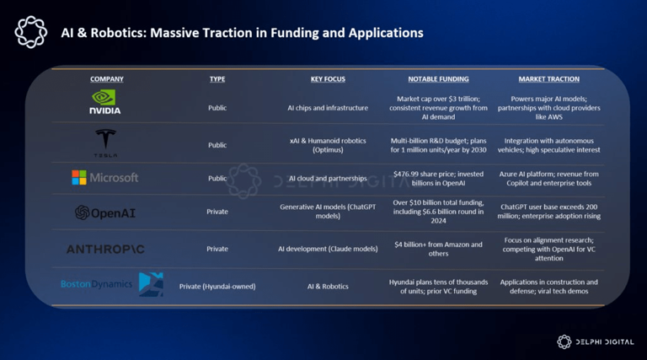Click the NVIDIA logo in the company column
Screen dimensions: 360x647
click(x=106, y=102)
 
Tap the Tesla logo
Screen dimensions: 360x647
click(x=106, y=143)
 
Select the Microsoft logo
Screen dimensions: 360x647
click(x=105, y=178)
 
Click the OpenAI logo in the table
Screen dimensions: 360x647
click(x=105, y=212)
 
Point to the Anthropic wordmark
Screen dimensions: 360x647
click(x=105, y=249)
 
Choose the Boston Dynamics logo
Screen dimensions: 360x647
click(x=112, y=285)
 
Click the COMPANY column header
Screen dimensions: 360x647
click(x=107, y=79)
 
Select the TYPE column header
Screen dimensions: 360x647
click(x=217, y=79)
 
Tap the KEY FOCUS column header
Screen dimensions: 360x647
click(x=328, y=79)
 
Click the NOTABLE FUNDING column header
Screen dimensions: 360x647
click(x=438, y=79)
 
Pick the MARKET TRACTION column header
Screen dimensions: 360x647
click(x=548, y=79)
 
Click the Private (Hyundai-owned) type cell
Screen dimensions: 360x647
click(x=217, y=286)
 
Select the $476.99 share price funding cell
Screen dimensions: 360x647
click(x=438, y=179)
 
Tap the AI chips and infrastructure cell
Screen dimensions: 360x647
click(x=328, y=108)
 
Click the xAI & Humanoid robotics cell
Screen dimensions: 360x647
click(x=328, y=145)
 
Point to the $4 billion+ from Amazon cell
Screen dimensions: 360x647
click(x=438, y=249)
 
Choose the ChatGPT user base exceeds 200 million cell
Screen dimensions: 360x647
click(x=548, y=212)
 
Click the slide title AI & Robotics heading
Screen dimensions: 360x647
click(x=242, y=33)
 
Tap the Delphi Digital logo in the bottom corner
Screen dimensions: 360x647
click(x=596, y=341)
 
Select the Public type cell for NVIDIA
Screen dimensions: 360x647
click(x=217, y=108)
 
